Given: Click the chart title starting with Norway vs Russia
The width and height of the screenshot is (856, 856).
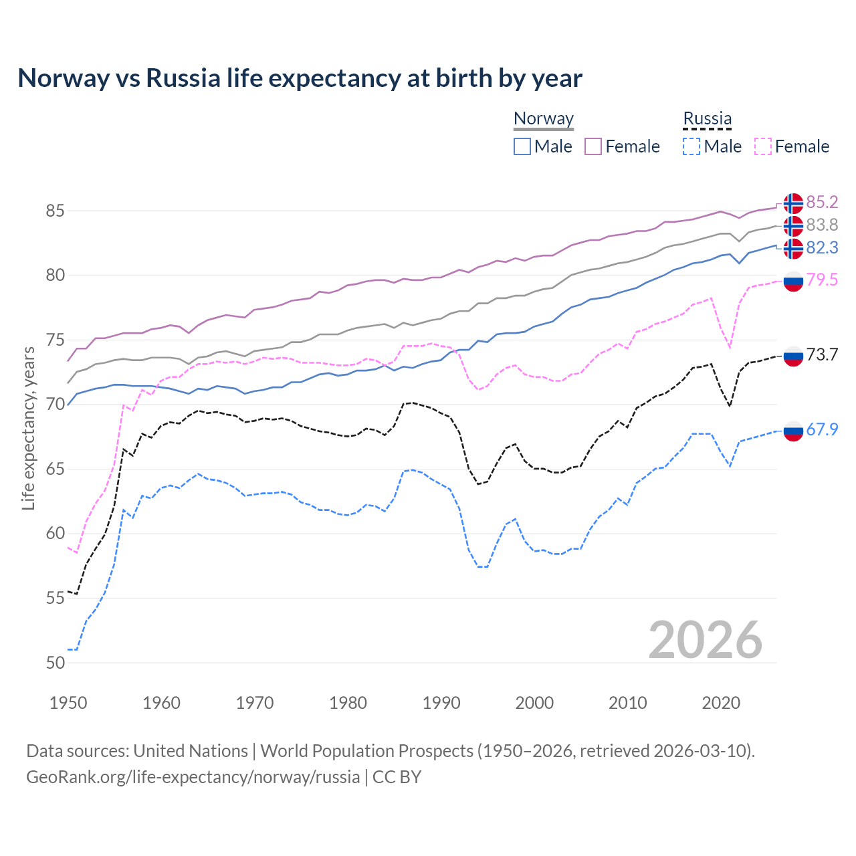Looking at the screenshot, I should pyautogui.click(x=300, y=78).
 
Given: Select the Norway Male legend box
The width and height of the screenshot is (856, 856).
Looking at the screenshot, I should pyautogui.click(x=522, y=146).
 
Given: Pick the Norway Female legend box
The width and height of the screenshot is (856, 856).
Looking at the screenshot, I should pyautogui.click(x=593, y=146).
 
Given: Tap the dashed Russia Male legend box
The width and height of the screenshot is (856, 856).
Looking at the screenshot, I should pyautogui.click(x=691, y=146).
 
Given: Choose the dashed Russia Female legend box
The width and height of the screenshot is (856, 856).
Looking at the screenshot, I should pyautogui.click(x=762, y=146).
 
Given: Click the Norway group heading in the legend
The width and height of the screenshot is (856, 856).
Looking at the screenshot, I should pyautogui.click(x=544, y=119).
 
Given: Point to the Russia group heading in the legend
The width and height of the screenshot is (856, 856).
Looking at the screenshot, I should pyautogui.click(x=707, y=119).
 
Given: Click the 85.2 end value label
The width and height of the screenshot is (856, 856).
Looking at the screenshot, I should pyautogui.click(x=822, y=202).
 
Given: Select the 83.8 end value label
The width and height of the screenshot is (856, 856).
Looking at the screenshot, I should pyautogui.click(x=822, y=225).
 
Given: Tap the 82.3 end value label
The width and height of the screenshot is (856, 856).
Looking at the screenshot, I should pyautogui.click(x=822, y=247).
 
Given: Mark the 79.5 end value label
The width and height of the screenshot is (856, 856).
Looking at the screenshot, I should pyautogui.click(x=822, y=280).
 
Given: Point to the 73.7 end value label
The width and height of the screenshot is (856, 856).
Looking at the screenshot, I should pyautogui.click(x=822, y=354).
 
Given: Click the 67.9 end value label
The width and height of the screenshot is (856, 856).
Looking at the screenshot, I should pyautogui.click(x=822, y=429).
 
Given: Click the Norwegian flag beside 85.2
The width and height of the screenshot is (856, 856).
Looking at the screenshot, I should pyautogui.click(x=793, y=203).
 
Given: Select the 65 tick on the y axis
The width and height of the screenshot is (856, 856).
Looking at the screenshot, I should pyautogui.click(x=56, y=469).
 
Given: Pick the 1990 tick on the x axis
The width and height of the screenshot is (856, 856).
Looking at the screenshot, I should pyautogui.click(x=441, y=703).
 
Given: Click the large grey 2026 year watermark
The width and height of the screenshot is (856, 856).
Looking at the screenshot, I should pyautogui.click(x=706, y=640).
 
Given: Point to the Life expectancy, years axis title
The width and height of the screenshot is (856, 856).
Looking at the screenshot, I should pyautogui.click(x=29, y=428).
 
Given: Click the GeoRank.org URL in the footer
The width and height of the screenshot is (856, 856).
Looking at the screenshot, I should pyautogui.click(x=193, y=777).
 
